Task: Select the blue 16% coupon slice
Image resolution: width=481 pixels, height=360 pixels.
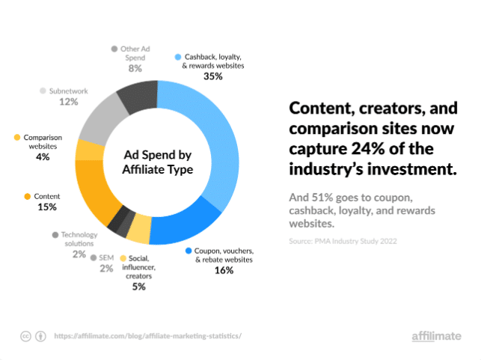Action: tap(191, 220)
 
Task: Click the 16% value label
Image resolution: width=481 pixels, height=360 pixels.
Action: tap(224, 270)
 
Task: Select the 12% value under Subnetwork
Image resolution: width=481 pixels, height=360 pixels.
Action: tap(69, 102)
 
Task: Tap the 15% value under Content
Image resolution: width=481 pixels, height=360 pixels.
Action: tap(46, 207)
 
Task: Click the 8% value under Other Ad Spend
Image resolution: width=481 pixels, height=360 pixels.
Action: tap(135, 68)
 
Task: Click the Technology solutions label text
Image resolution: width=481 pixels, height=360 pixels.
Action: tap(79, 239)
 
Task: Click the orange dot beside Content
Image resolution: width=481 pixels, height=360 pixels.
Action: tap(28, 196)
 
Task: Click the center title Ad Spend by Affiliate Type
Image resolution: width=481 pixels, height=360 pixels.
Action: tap(158, 163)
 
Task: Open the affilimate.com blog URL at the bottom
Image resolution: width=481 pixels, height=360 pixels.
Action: tap(148, 336)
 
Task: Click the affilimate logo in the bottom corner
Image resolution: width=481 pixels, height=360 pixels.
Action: tap(436, 336)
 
